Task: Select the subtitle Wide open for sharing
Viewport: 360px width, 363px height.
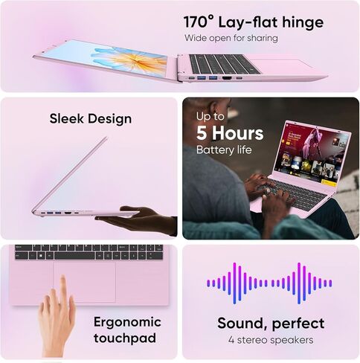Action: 231,38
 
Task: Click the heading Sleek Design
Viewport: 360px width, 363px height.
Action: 91,118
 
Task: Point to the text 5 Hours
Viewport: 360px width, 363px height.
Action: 230,133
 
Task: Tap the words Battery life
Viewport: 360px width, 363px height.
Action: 224,150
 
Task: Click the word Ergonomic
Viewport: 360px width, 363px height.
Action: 127,323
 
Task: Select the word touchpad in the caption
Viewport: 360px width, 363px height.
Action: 125,338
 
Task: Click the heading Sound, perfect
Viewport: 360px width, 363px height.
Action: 271,324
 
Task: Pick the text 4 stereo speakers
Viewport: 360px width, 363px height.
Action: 271,340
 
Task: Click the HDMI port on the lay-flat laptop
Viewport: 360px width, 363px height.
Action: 226,78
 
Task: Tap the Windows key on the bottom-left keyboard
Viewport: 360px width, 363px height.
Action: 42,255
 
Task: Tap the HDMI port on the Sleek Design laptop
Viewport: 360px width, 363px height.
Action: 67,213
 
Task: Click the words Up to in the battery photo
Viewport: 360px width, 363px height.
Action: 210,117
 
